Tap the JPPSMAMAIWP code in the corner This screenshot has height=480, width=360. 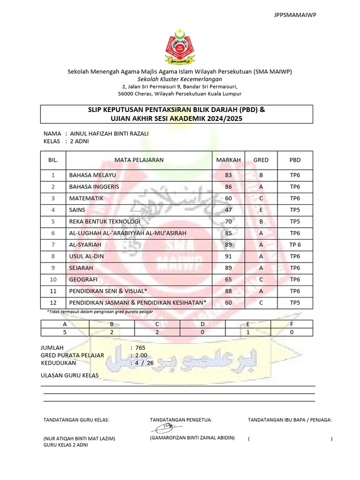point(295,15)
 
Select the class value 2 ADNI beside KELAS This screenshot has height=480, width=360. point(80,141)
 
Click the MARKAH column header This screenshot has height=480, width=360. point(228,160)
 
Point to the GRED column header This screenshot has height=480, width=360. point(261,160)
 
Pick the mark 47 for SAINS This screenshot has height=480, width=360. point(228,210)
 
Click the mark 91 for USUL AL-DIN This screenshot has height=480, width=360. point(228,256)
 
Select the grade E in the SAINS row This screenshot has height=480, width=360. point(261,210)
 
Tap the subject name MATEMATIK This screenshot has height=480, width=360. point(86,198)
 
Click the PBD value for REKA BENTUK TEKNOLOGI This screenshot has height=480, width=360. point(295,222)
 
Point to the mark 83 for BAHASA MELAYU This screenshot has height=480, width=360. point(228,175)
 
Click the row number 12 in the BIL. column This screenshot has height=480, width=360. point(53,303)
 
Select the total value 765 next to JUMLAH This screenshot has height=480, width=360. point(141,348)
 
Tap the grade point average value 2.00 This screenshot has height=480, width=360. point(141,355)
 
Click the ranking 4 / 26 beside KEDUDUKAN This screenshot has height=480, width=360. point(144,363)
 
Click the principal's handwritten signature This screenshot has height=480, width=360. point(166,428)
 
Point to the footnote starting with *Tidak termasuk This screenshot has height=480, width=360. point(100,312)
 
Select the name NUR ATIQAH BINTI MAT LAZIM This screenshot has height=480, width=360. point(79,439)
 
